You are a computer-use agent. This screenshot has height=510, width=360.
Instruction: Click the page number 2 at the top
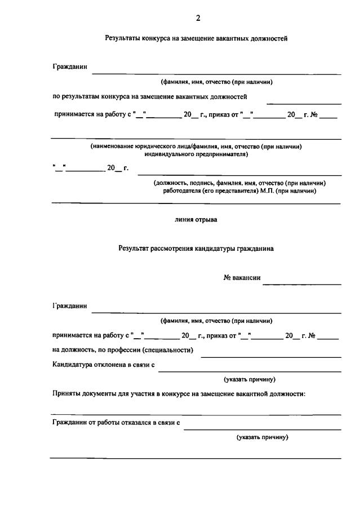[x=198, y=18]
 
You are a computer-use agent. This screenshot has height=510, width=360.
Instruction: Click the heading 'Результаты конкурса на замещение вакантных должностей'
[x=197, y=39]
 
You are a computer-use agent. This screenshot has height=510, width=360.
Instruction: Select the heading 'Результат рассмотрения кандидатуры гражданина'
[x=196, y=248]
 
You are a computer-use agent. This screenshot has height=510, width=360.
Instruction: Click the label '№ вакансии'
[x=242, y=277]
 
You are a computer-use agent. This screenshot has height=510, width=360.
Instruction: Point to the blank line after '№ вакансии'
[x=302, y=283]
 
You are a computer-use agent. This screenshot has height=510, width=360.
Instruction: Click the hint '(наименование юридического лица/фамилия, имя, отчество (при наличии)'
[x=196, y=147]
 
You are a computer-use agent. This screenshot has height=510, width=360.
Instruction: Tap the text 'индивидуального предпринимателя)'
[x=196, y=154]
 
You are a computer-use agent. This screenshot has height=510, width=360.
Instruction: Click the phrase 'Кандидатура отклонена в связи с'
[x=104, y=365]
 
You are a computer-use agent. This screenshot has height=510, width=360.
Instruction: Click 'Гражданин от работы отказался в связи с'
[x=117, y=423]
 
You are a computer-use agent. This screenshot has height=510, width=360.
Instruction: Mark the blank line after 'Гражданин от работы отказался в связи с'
[x=262, y=429]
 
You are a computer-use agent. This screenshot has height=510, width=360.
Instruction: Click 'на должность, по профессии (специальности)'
[x=123, y=350]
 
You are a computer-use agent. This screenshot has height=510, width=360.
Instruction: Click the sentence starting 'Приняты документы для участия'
[x=179, y=394]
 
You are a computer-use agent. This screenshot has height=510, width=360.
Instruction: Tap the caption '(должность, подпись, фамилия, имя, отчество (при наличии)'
[x=239, y=183]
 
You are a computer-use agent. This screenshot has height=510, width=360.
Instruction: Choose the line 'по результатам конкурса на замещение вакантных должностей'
[x=150, y=97]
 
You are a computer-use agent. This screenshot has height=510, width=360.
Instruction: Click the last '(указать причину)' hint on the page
[x=263, y=437]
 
